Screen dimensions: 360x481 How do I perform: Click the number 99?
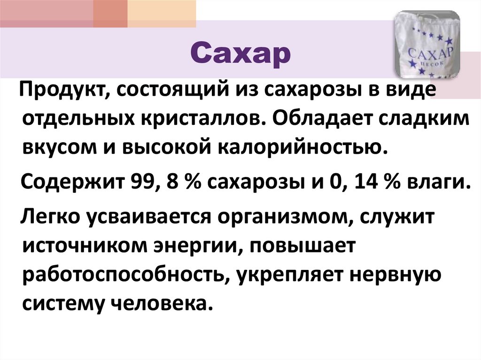coord(139,181)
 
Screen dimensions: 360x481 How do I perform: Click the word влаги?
coord(435,181)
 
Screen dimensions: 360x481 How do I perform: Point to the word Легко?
coord(51,216)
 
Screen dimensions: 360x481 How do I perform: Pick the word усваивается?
coord(155,216)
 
